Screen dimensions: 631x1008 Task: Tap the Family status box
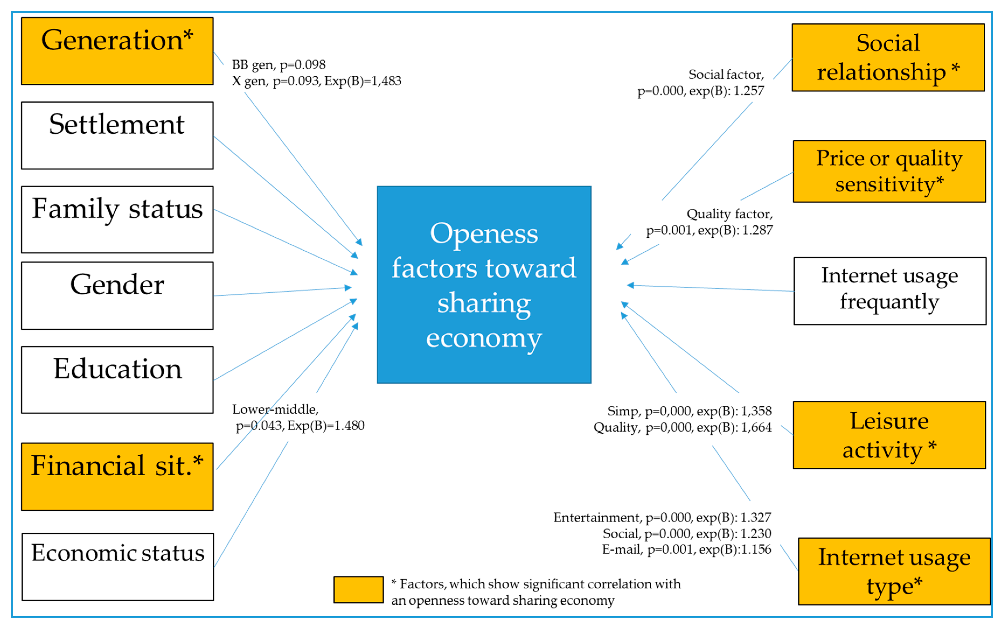point(117,219)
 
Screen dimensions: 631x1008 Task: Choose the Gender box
point(117,296)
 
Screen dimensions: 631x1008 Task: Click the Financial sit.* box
point(117,476)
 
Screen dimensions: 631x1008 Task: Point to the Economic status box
point(118,566)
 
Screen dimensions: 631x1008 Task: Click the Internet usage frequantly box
point(889,291)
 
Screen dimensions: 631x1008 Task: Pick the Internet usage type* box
point(894,571)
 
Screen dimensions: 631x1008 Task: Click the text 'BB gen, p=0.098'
point(279,65)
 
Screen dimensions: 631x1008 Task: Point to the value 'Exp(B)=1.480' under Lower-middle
point(326,426)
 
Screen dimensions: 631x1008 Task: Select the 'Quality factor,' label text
point(729,214)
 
